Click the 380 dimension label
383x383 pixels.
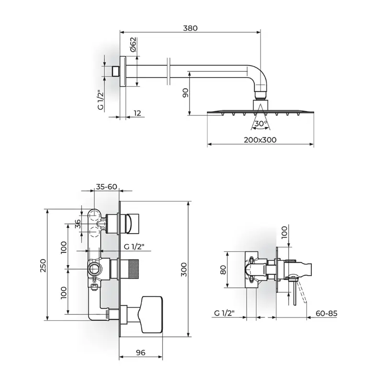(x=190, y=28)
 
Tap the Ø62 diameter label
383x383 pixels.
(x=133, y=45)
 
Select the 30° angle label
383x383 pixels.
(x=260, y=124)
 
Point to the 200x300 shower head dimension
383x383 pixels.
(x=260, y=140)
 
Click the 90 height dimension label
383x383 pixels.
(x=186, y=93)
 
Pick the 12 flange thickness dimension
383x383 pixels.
(x=137, y=113)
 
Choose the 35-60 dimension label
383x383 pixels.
(x=106, y=187)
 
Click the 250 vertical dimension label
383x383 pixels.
(x=43, y=266)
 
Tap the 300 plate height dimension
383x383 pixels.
(x=184, y=270)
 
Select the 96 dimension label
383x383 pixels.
(x=141, y=352)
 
